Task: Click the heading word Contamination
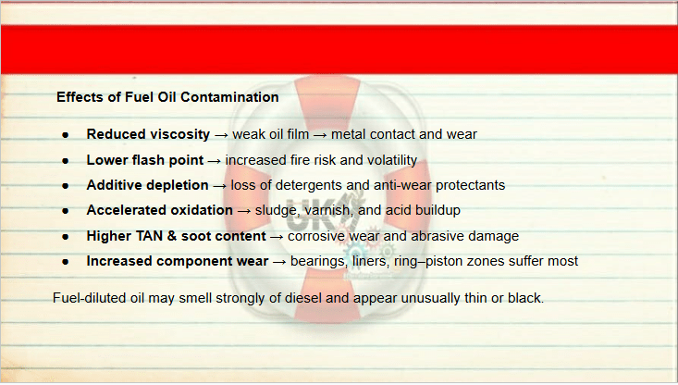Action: tap(229, 97)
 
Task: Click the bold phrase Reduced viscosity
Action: tap(148, 134)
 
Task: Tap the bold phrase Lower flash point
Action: tap(145, 160)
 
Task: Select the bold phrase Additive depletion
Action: tap(147, 185)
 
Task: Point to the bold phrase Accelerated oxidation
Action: tap(159, 210)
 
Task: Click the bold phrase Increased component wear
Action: tap(178, 261)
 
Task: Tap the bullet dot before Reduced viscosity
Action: tap(66, 135)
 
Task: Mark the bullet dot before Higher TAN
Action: tap(66, 237)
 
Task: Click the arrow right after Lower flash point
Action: tap(214, 161)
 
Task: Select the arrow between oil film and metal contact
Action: tap(320, 135)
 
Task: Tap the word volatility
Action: tap(392, 160)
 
